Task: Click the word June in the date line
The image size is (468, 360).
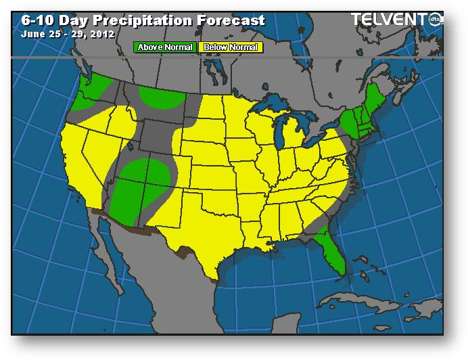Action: (32, 33)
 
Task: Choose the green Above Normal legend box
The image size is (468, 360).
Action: (165, 47)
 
